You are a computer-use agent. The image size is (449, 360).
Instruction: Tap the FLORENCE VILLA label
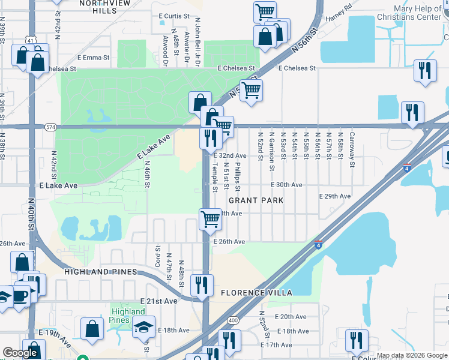[256, 293]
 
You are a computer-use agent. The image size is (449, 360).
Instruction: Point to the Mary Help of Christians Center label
[421, 13]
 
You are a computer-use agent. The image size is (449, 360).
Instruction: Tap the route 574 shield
[50, 127]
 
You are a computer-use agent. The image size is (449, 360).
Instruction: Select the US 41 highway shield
[30, 40]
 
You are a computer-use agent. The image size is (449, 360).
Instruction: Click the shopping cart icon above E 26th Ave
[210, 219]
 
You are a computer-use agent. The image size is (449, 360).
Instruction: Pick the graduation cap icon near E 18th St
[143, 327]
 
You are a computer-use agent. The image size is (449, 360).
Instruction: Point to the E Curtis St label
[174, 16]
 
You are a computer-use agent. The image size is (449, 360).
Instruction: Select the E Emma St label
[93, 59]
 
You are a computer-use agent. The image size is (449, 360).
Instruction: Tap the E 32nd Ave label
[230, 155]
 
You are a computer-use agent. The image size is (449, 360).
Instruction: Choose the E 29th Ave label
[335, 196]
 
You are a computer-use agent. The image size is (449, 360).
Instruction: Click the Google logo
[20, 353]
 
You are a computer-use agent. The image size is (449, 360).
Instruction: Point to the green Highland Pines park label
[128, 316]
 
